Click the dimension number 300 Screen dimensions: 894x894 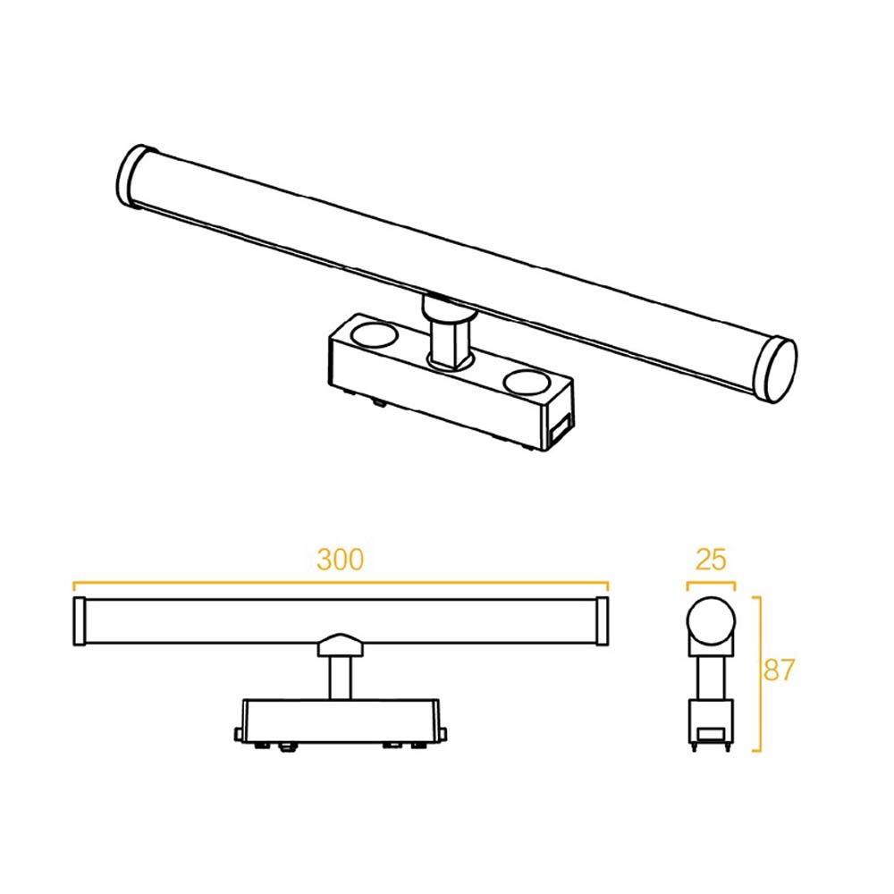[341, 560]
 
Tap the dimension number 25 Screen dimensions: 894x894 [711, 561]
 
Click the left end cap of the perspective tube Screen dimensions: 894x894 [134, 176]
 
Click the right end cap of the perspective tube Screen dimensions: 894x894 [774, 368]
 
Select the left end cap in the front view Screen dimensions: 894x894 [78, 621]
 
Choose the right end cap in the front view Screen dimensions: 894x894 [602, 621]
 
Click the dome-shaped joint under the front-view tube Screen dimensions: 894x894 [340, 645]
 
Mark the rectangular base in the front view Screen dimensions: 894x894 [340, 721]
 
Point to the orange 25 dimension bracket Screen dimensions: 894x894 [711, 585]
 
